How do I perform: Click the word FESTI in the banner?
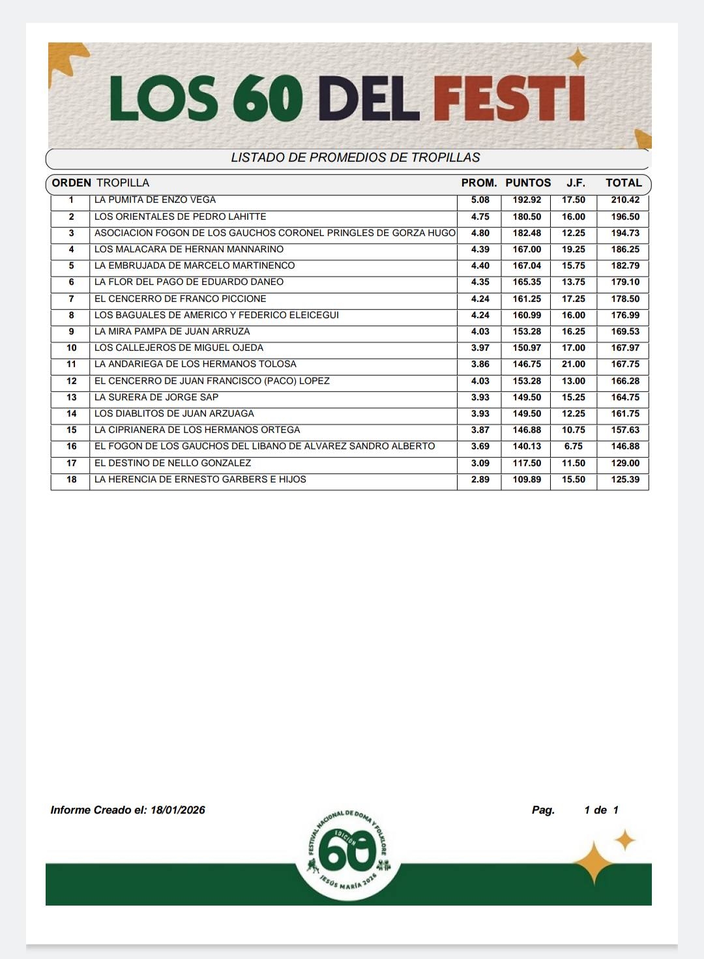[508, 98]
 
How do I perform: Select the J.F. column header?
[576, 183]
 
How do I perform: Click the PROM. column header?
[479, 183]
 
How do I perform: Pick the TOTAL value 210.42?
[625, 200]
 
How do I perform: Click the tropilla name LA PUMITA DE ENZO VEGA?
[155, 200]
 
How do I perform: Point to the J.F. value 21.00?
[574, 364]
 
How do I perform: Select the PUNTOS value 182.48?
[527, 233]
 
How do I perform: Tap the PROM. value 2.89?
[480, 479]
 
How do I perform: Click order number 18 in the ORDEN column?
[72, 479]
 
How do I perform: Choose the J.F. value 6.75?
[574, 447]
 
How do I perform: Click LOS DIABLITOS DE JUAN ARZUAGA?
[174, 413]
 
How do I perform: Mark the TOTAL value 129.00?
[625, 463]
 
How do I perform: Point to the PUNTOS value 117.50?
[527, 463]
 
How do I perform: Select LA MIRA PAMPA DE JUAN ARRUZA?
[172, 331]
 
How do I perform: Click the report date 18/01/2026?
[177, 810]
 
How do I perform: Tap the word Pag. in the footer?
[543, 810]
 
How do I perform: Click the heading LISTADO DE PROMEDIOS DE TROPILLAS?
[355, 158]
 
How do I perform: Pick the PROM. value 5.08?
[480, 200]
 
